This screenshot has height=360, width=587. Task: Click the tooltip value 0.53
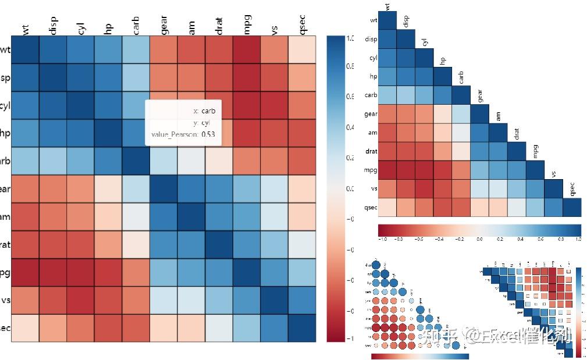coord(208,134)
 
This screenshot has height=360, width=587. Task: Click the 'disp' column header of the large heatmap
coord(54,26)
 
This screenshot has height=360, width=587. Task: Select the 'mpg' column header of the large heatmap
coord(247,26)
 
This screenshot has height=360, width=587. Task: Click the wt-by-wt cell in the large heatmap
coord(25,49)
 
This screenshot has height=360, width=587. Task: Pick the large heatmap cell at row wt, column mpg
coord(247,49)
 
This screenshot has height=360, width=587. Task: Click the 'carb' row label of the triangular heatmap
coord(370,95)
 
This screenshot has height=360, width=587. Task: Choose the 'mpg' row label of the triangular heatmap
coord(370,170)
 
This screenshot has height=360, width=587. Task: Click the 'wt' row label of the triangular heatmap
coord(373,20)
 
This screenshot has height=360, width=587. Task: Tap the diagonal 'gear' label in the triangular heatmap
coord(481,96)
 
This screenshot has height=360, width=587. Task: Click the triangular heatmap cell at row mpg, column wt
coord(387,170)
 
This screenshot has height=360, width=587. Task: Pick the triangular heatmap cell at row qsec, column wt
coord(387,207)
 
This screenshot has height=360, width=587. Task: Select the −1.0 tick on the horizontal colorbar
coord(383,238)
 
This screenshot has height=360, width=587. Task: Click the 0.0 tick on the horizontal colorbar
coord(479,238)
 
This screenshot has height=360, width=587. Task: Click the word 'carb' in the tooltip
coord(209,110)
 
